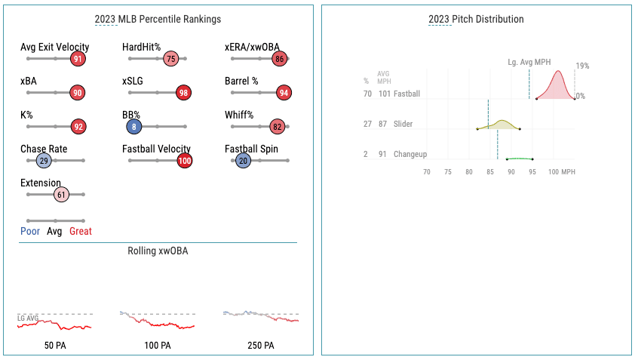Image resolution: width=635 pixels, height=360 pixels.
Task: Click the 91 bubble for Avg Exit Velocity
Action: coord(78,59)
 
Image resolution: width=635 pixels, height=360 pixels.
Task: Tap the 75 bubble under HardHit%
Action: coord(171,59)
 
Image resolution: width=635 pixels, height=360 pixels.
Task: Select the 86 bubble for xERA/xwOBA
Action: coord(281,59)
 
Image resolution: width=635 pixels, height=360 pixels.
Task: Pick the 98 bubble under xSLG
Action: coord(183,93)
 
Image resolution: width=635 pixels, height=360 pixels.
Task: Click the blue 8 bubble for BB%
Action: coord(133,127)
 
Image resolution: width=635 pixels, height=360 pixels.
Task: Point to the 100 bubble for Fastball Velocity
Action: coord(185,161)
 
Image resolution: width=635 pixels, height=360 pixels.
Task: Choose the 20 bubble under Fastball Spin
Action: coord(243,161)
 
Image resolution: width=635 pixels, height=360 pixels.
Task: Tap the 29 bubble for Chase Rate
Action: coord(44,161)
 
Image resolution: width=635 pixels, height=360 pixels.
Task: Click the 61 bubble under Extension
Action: coord(62,195)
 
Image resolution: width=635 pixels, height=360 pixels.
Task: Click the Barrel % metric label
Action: coord(241,81)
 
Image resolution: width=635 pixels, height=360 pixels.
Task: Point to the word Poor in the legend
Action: coord(31,232)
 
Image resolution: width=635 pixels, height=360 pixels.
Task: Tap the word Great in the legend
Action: coord(81,232)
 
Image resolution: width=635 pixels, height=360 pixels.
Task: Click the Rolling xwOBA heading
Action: coord(158,251)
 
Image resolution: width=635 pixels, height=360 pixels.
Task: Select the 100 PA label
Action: coord(157,346)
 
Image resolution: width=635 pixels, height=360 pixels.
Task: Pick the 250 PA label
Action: coord(260,346)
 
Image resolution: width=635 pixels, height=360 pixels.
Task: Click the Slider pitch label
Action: coord(403,124)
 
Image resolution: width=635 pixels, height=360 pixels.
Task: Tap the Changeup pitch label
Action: coord(410,154)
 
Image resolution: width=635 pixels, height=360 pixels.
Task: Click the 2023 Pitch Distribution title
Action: coord(476,19)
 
